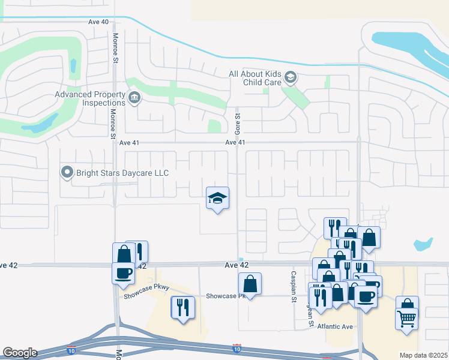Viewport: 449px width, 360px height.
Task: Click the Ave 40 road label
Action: (98, 22)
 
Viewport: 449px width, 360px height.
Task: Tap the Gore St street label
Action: (238, 124)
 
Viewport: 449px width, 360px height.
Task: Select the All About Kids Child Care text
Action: (255, 78)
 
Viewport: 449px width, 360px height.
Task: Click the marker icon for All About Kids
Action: (291, 77)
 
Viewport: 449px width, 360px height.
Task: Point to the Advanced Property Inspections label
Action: (89, 98)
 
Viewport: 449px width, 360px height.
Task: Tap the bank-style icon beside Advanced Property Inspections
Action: (134, 98)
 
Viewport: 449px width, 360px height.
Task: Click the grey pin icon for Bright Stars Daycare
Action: (67, 173)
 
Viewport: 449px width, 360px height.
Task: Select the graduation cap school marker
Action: (217, 198)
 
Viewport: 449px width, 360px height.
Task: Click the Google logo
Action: (20, 353)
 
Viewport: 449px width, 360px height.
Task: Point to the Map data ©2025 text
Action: (423, 355)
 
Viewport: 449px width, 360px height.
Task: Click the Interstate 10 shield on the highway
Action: (238, 347)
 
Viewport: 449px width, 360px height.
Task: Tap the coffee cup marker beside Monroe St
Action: (124, 272)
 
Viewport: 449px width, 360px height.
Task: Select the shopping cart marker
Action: (407, 317)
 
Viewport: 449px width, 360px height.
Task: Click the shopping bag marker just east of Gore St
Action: (250, 284)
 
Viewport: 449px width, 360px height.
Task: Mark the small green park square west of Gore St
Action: (214, 126)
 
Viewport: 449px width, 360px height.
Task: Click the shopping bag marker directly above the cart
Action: (408, 305)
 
